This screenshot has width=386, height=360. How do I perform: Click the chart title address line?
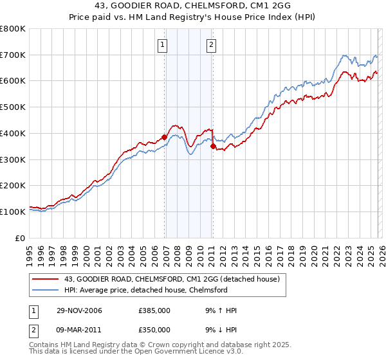tap(192, 6)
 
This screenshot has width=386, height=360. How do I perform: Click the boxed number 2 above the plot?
tap(211, 45)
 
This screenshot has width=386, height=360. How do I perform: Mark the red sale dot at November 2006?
tap(165, 137)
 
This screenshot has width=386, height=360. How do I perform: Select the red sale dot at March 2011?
tap(213, 147)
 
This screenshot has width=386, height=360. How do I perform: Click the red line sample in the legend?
tap(46, 279)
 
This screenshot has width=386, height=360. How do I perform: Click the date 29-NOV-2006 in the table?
tap(78, 310)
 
